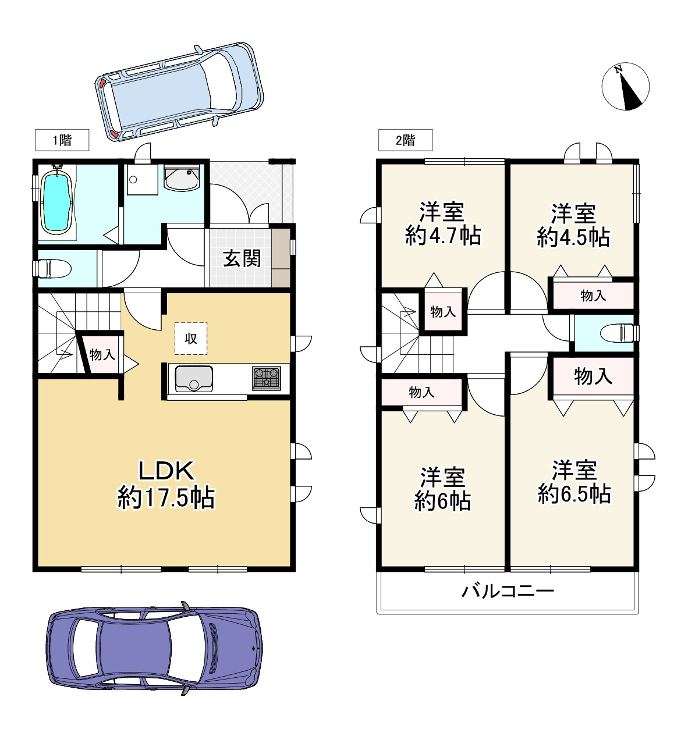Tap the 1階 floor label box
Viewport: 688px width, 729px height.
point(62,140)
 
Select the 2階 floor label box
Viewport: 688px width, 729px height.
point(405,140)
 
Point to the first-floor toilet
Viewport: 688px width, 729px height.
point(53,268)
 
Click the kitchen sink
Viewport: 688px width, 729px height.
point(194,379)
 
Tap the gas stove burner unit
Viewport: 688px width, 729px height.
point(266,378)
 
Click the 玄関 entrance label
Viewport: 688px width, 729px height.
point(242,258)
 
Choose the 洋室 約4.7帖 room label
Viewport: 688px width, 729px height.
point(442,224)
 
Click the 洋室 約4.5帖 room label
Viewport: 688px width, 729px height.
point(573,225)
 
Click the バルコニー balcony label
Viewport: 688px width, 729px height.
point(508,592)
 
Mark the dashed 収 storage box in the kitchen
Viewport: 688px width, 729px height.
point(191,339)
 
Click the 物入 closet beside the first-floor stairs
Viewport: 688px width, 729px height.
point(102,354)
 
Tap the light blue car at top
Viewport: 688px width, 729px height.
point(179,91)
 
